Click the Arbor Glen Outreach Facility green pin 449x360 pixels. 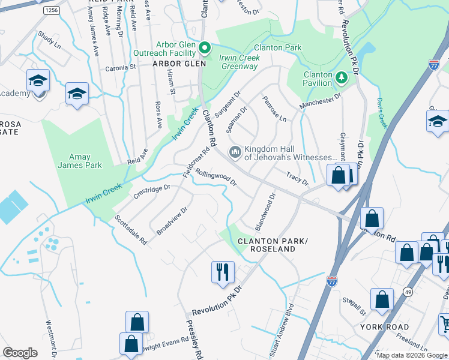pyautogui.click(x=204, y=47)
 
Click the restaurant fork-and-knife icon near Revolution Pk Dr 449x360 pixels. pyautogui.click(x=223, y=271)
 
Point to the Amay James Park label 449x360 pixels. pyautogui.click(x=80, y=161)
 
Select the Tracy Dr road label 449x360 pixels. pyautogui.click(x=297, y=179)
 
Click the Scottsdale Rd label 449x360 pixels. pyautogui.click(x=130, y=230)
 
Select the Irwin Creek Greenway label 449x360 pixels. pyautogui.click(x=239, y=62)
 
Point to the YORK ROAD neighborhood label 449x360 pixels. pyautogui.click(x=385, y=328)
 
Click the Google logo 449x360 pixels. pyautogui.click(x=20, y=353)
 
